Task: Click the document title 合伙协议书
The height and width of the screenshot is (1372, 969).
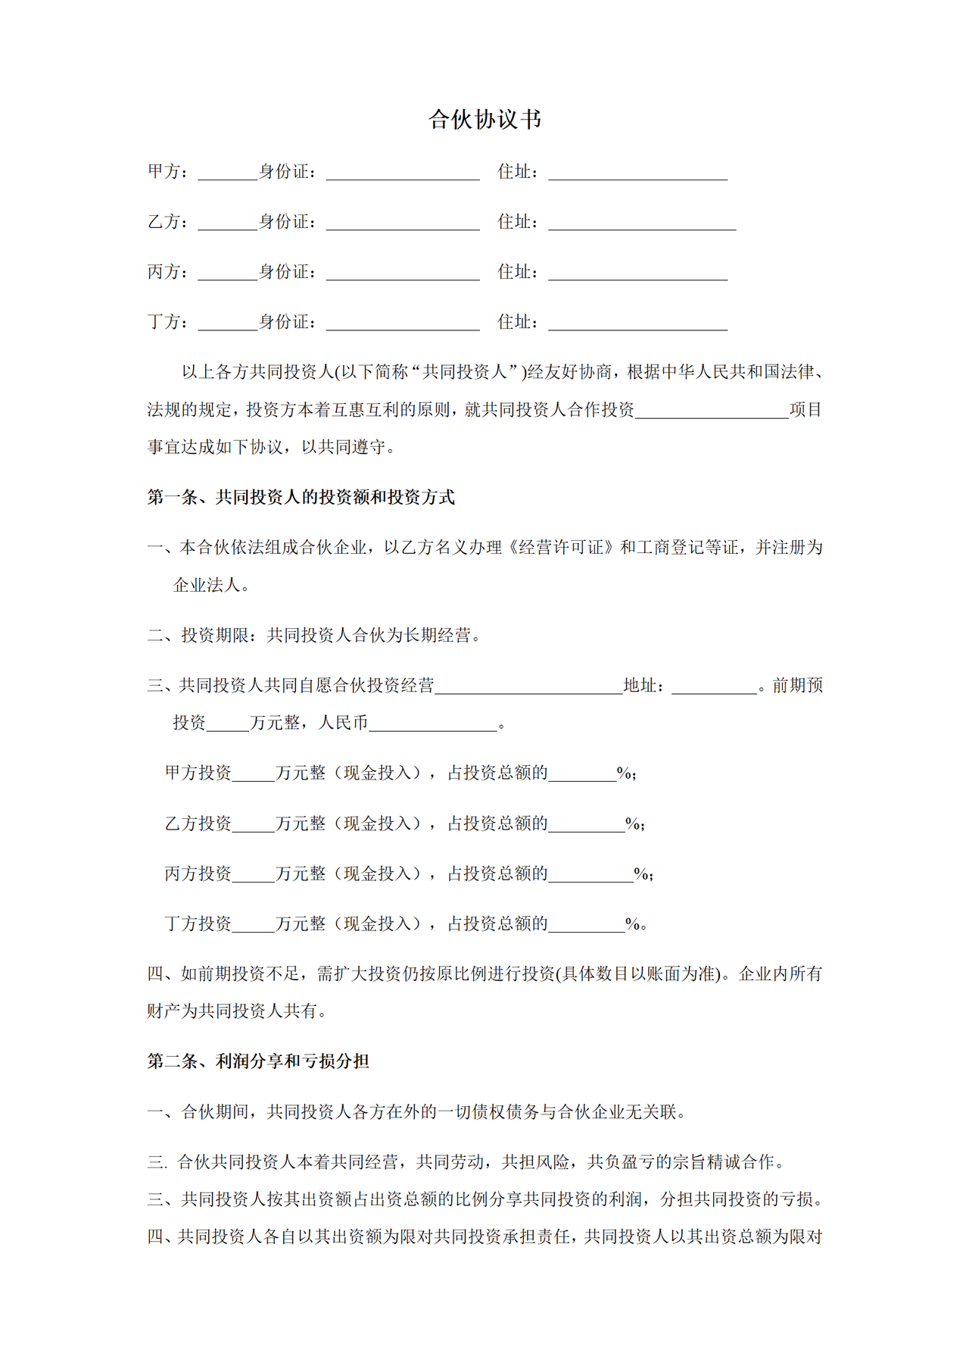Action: (x=484, y=120)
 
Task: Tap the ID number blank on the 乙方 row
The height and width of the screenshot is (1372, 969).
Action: (x=403, y=223)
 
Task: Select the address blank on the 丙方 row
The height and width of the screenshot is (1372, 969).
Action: (x=637, y=273)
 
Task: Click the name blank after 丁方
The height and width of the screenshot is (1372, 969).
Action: (x=227, y=323)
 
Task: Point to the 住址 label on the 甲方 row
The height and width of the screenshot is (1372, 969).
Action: (x=515, y=172)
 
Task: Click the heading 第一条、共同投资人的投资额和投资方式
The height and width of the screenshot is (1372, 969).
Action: (x=301, y=497)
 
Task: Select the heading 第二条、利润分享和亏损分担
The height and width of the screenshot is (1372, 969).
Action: (x=258, y=1061)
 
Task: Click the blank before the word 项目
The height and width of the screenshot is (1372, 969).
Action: (x=712, y=411)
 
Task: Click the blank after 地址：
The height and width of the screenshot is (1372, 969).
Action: (x=714, y=686)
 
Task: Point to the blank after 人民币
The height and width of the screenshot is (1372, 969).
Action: (x=433, y=724)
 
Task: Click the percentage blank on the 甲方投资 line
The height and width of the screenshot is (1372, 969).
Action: (x=582, y=774)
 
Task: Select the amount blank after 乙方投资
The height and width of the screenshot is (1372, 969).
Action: (x=254, y=824)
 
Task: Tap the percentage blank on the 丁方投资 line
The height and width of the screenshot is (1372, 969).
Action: (x=587, y=925)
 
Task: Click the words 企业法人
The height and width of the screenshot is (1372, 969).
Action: (x=206, y=585)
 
